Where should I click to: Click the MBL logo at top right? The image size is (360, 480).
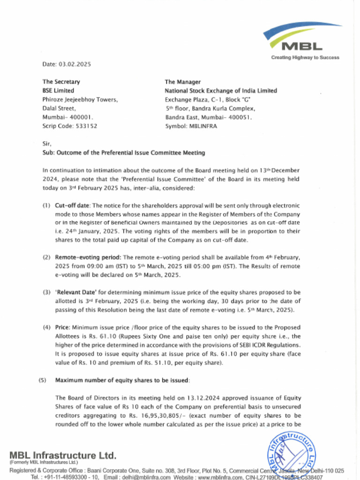tap(302, 38)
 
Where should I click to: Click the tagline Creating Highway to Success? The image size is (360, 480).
tap(305, 58)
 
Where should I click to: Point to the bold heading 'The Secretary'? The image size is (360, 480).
tap(61, 82)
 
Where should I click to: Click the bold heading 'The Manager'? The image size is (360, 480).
tap(182, 82)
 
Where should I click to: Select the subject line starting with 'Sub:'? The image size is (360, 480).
tap(123, 153)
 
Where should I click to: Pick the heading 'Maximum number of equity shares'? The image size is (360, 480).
tap(122, 380)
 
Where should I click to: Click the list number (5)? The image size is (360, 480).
tap(42, 380)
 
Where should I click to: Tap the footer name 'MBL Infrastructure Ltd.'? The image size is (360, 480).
tap(63, 456)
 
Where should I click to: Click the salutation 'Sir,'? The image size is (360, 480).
tap(47, 144)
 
